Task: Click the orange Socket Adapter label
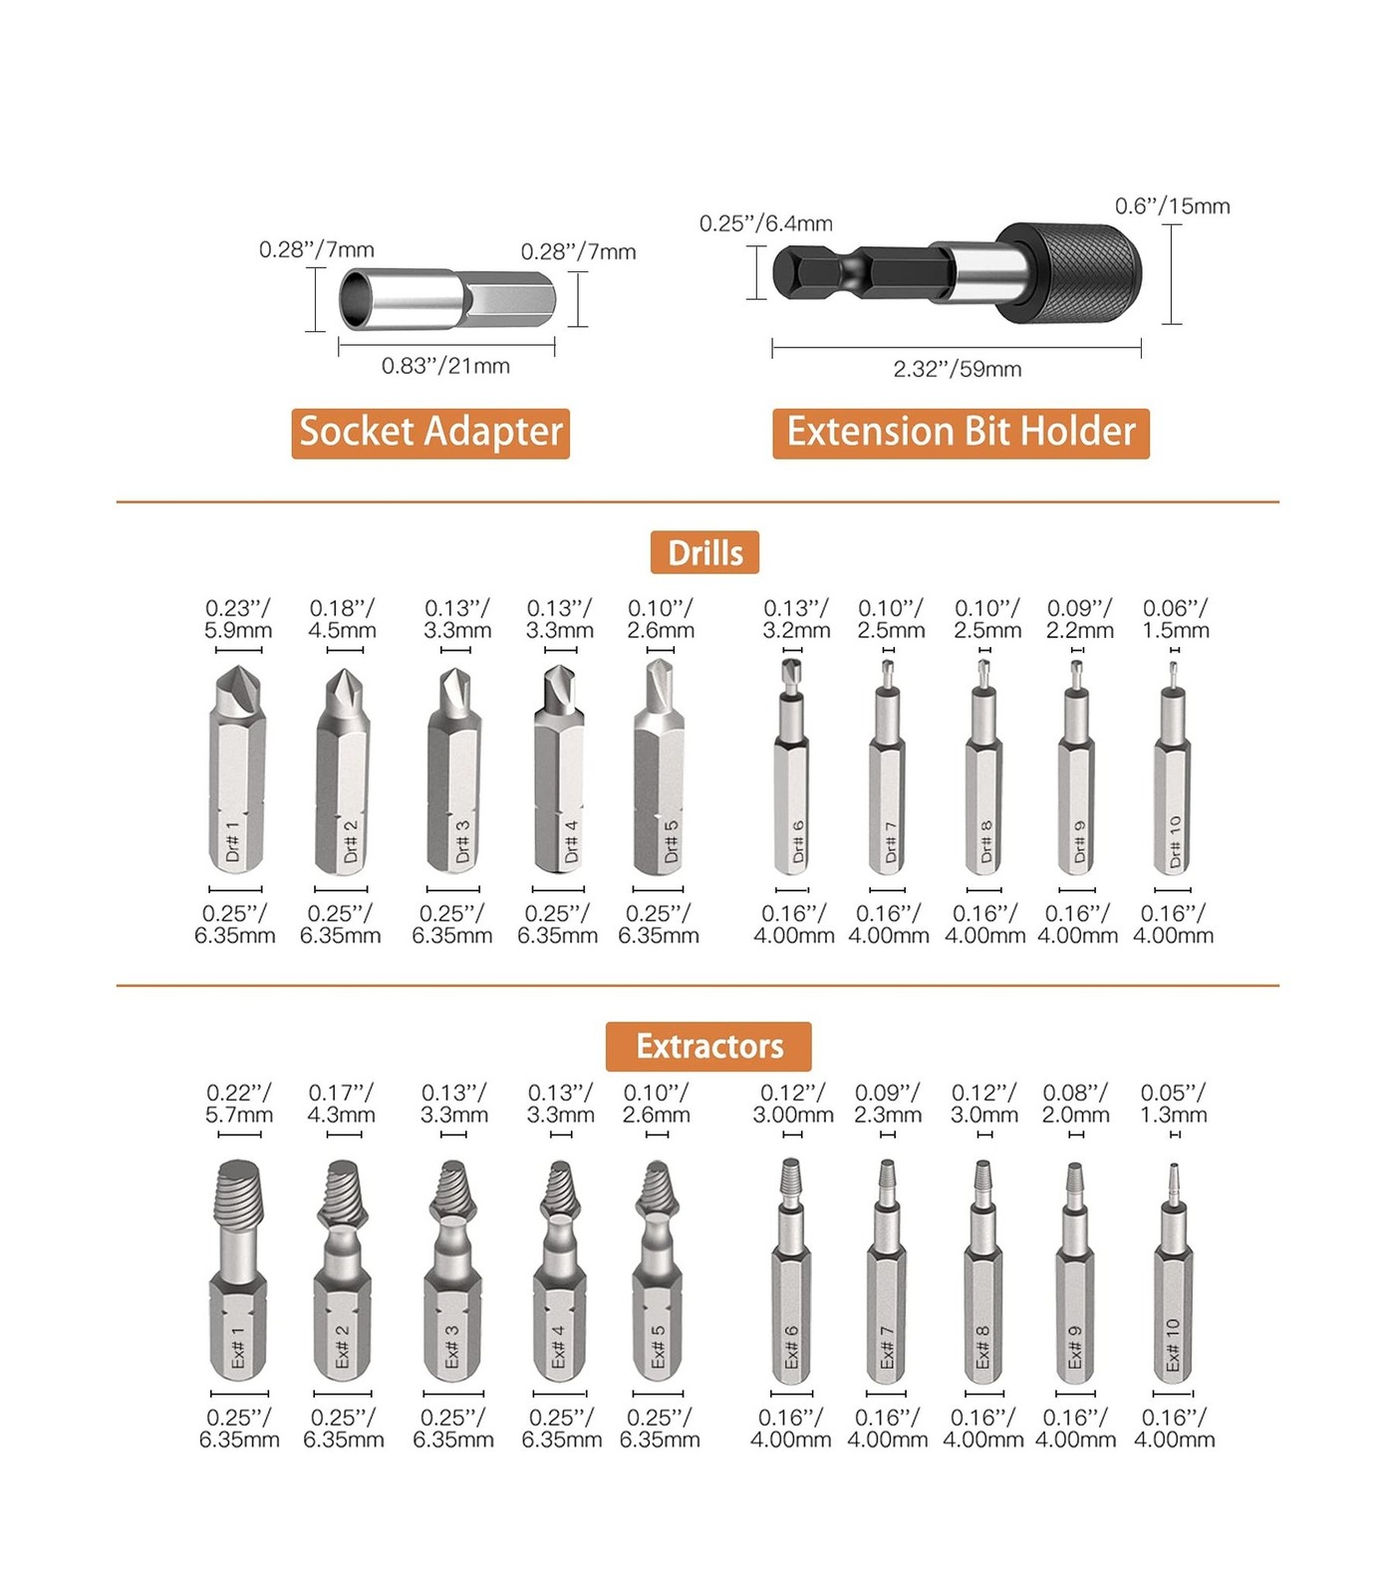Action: tap(430, 434)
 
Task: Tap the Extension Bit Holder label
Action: tap(961, 434)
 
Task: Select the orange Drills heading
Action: tap(704, 552)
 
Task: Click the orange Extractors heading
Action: tap(708, 1046)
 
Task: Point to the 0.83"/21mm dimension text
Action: tap(445, 366)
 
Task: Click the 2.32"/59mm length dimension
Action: tap(958, 369)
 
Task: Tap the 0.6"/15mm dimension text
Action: tap(1173, 206)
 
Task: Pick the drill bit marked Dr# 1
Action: tap(237, 770)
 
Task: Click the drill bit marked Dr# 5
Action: tap(659, 766)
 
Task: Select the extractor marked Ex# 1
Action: tap(238, 1270)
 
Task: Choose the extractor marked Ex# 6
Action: tap(791, 1271)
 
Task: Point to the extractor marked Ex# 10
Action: tap(1173, 1273)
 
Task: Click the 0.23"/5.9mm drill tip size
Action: tap(238, 619)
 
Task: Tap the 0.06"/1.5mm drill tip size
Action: tap(1176, 619)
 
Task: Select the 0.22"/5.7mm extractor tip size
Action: tap(239, 1104)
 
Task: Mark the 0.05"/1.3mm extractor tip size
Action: tap(1174, 1104)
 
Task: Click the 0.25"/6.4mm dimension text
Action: tap(766, 223)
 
